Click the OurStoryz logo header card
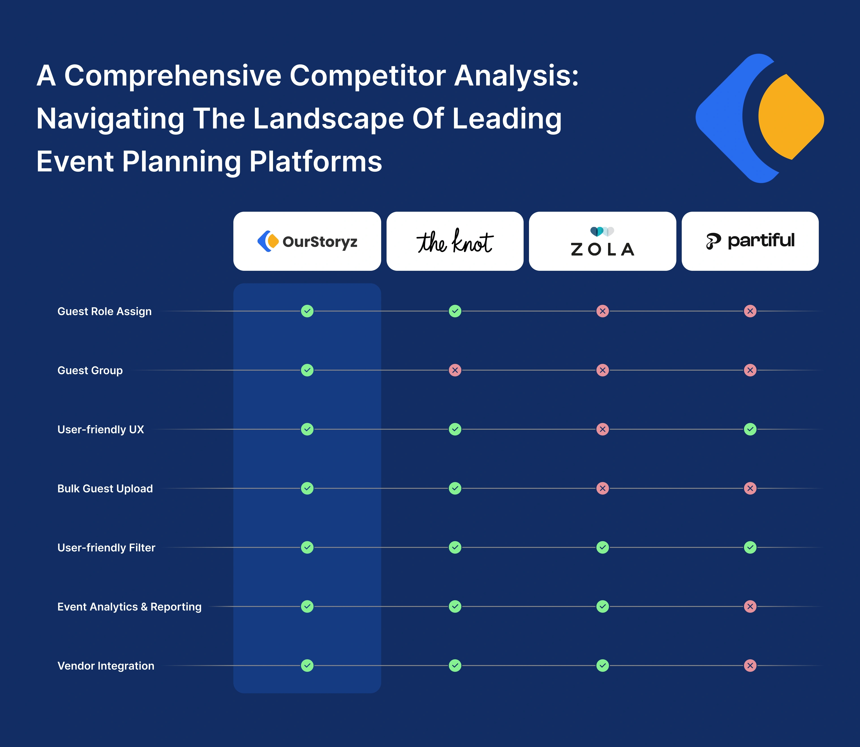pos(307,241)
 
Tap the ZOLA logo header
pos(602,241)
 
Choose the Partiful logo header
pos(750,241)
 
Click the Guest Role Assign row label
pos(104,311)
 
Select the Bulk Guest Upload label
pos(105,489)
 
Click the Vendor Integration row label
pos(106,666)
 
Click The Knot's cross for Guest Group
pos(455,370)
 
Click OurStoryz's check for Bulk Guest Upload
pos(307,488)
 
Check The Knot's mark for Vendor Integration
pos(455,666)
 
